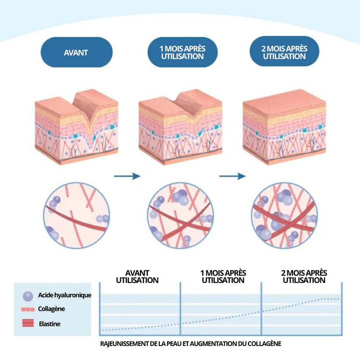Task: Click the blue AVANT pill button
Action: point(76,52)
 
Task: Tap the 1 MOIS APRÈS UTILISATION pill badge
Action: point(182,52)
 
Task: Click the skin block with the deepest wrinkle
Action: point(77,127)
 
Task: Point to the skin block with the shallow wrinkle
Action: point(180,127)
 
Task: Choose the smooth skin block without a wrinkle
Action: point(284,127)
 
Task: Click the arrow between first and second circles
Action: point(127,176)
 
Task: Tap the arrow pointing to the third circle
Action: point(232,176)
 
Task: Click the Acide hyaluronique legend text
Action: point(65,295)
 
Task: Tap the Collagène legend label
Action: point(52,309)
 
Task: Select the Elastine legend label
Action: point(49,324)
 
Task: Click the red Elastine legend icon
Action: point(28,324)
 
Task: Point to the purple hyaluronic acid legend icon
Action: point(28,296)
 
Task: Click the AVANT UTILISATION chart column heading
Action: point(137,276)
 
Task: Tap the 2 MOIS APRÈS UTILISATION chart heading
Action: point(304,276)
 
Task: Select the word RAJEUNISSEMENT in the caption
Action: point(124,344)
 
